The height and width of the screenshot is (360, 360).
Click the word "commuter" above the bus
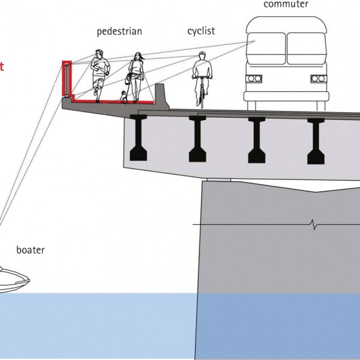coord(286,5)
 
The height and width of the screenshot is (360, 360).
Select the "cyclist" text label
coord(201,30)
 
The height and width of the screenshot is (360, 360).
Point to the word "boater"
coord(30,250)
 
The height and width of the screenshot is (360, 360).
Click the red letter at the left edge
coord(2,66)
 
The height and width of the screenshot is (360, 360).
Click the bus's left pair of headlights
coord(254,79)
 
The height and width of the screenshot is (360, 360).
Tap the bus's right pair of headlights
coord(317,79)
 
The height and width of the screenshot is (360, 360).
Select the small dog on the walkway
coord(124,97)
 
